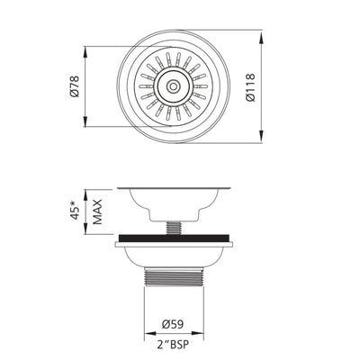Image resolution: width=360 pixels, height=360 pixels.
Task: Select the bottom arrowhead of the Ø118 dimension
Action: point(263,135)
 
